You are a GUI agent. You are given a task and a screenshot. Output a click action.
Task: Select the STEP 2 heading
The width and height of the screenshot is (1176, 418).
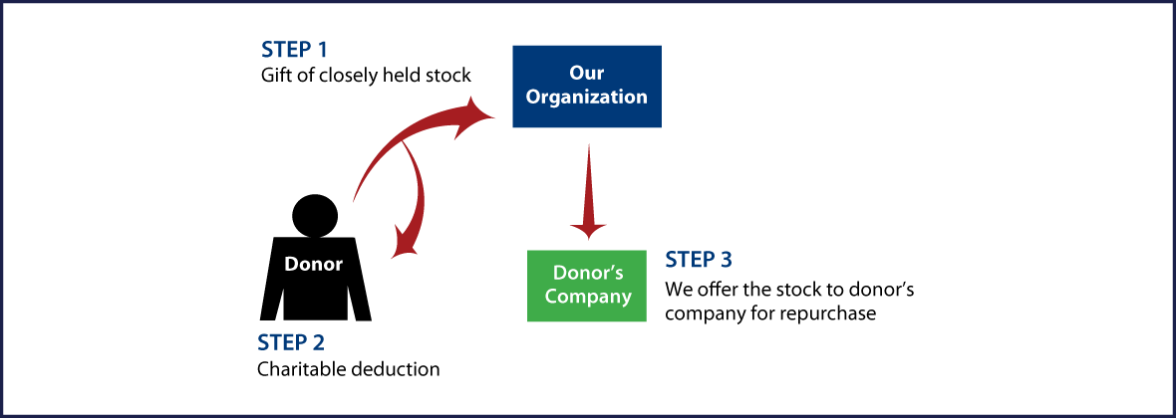click(x=291, y=343)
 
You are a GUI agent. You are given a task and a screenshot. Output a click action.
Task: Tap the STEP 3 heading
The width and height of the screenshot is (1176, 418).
click(x=699, y=261)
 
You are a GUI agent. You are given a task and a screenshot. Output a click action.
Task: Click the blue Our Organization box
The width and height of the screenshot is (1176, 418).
click(x=587, y=86)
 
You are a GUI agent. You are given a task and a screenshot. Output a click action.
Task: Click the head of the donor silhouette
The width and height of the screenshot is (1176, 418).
click(x=315, y=215)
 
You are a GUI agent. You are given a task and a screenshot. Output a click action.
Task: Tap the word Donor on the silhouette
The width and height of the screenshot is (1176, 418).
click(x=314, y=264)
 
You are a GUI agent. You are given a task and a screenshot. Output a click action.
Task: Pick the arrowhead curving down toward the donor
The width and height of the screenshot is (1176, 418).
click(x=405, y=242)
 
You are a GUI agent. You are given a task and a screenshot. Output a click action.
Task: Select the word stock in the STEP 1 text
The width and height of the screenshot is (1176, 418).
click(x=447, y=75)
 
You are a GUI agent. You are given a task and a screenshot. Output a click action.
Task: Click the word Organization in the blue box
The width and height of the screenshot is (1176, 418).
click(x=587, y=98)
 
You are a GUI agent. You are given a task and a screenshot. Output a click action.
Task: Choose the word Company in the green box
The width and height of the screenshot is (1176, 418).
click(x=587, y=297)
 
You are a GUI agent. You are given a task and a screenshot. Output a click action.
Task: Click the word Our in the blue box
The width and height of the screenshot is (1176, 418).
click(x=587, y=73)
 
